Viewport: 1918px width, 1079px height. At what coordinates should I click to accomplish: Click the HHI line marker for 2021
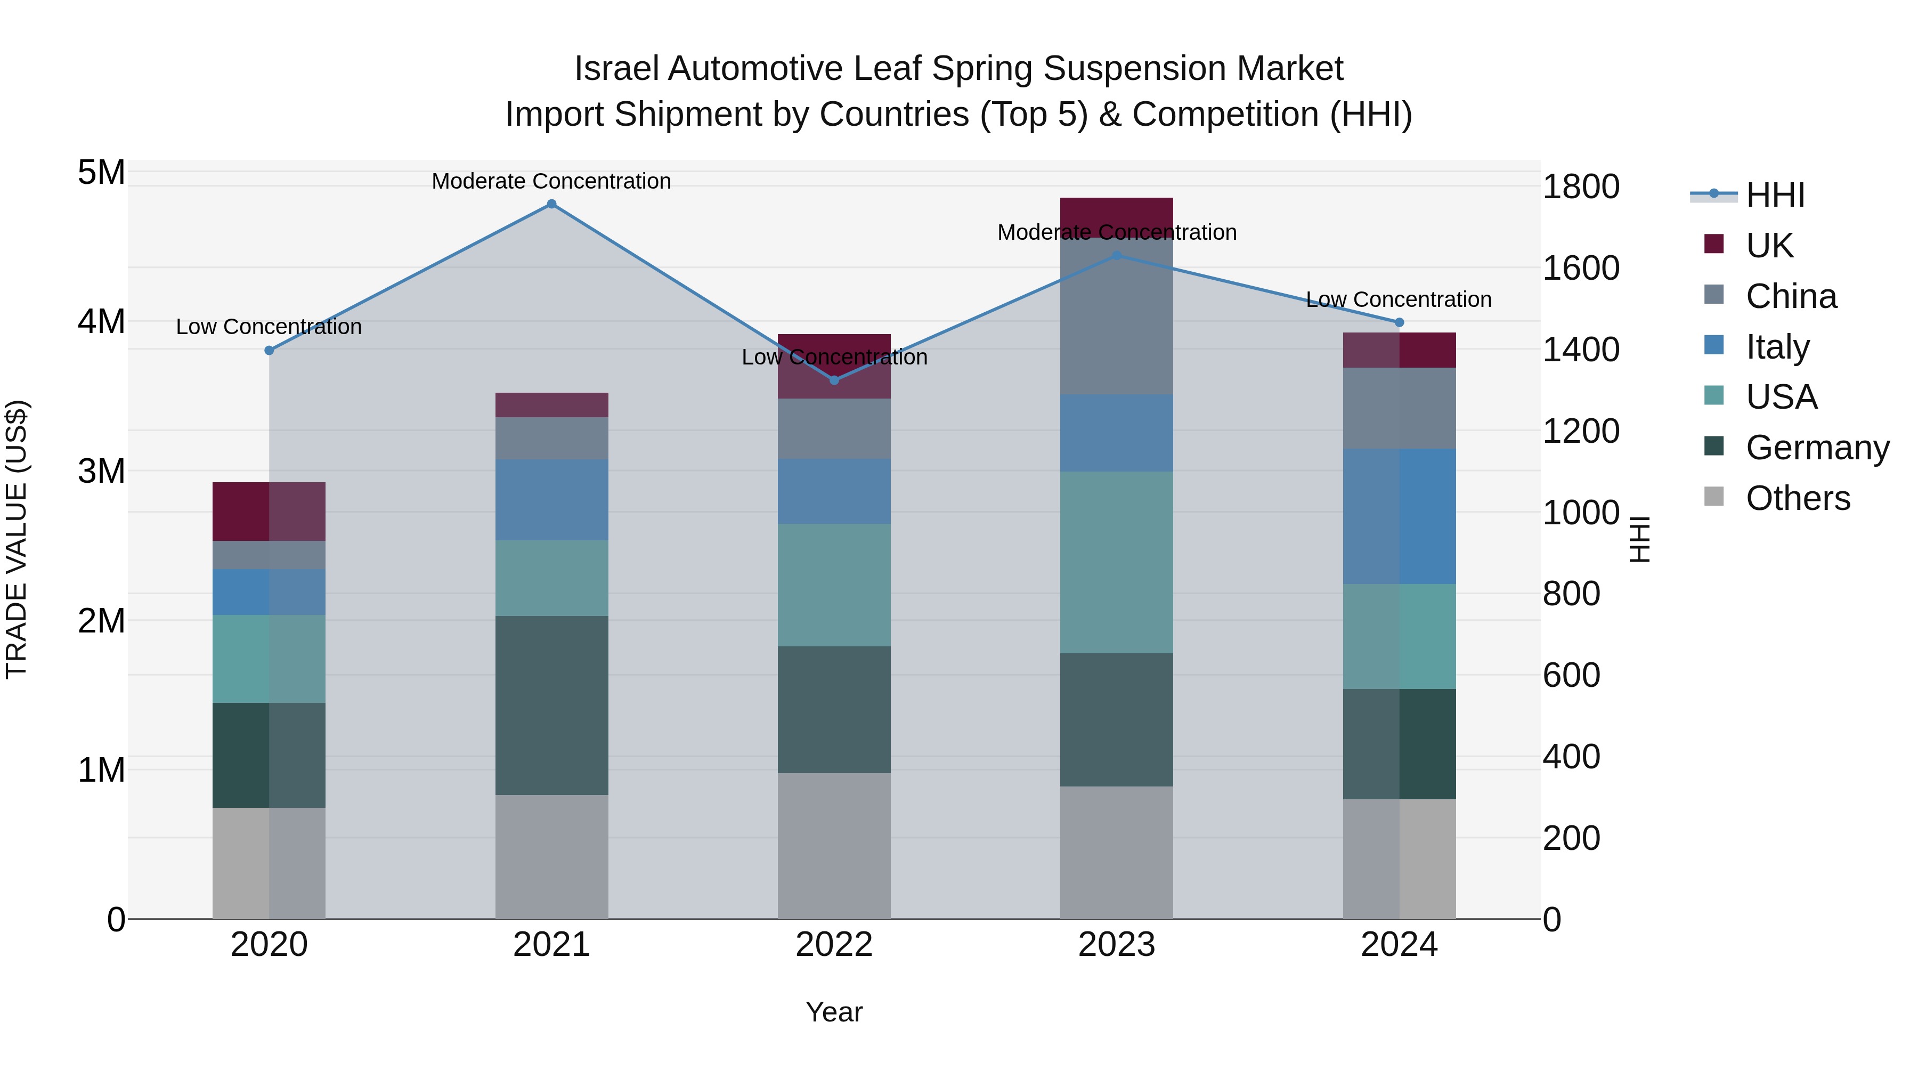tap(552, 204)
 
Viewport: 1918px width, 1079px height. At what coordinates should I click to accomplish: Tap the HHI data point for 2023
tap(1117, 255)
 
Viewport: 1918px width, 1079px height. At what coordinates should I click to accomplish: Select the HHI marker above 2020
tap(270, 350)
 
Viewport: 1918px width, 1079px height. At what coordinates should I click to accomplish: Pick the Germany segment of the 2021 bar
tap(552, 705)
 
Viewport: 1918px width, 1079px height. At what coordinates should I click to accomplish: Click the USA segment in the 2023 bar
tap(1117, 562)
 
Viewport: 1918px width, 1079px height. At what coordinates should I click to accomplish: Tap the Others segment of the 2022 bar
tap(834, 845)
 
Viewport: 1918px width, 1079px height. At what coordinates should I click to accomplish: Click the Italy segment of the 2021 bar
tap(552, 500)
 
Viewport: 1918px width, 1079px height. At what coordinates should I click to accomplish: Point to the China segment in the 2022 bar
tap(834, 429)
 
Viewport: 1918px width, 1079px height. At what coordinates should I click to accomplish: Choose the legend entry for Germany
tap(1817, 448)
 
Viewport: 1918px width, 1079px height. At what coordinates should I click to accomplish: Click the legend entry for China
tap(1791, 296)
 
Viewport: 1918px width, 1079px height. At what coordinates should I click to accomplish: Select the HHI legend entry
tap(1775, 195)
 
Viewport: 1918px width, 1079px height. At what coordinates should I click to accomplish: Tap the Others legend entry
tap(1798, 498)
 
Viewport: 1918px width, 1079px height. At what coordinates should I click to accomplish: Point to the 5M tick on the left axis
tap(101, 173)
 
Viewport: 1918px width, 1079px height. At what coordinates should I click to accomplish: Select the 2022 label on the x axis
tap(834, 945)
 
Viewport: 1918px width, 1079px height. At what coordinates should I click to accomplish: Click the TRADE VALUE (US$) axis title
tap(17, 539)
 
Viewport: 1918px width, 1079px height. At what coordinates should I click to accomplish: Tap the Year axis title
tap(834, 1012)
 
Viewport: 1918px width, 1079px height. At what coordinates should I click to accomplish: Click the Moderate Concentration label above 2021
tap(552, 181)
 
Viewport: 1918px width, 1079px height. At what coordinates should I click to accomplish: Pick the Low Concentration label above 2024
tap(1399, 299)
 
